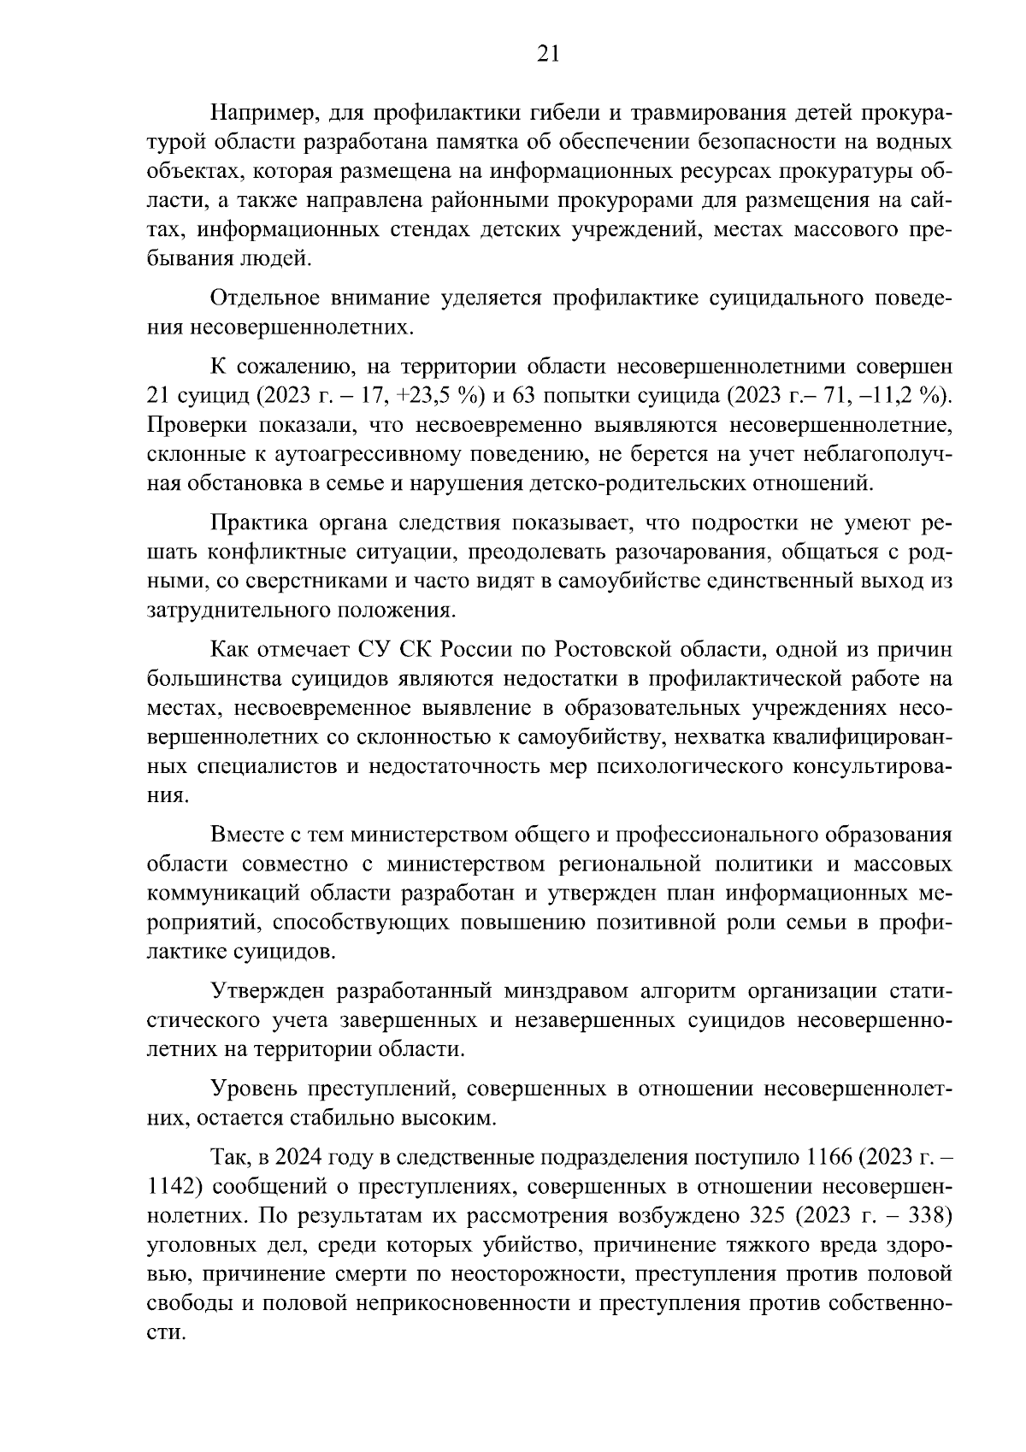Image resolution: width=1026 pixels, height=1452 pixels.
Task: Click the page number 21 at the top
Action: click(548, 54)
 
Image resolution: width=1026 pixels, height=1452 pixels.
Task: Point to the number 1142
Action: click(174, 1187)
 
